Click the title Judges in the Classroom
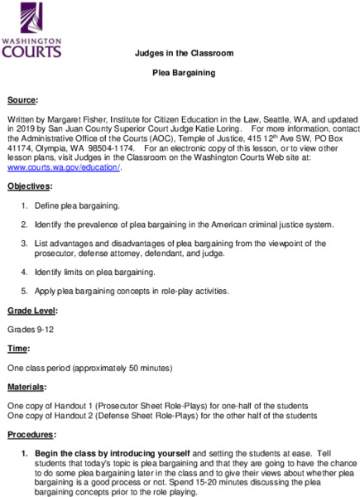point(183,53)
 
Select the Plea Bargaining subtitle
point(183,73)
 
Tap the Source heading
point(22,99)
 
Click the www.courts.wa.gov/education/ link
point(63,167)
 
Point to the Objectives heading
point(29,186)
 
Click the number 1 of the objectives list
point(26,205)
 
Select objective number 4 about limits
point(94,273)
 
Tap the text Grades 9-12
point(30,328)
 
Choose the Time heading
point(18,348)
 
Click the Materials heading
point(27,386)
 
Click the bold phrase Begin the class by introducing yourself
point(112,453)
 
